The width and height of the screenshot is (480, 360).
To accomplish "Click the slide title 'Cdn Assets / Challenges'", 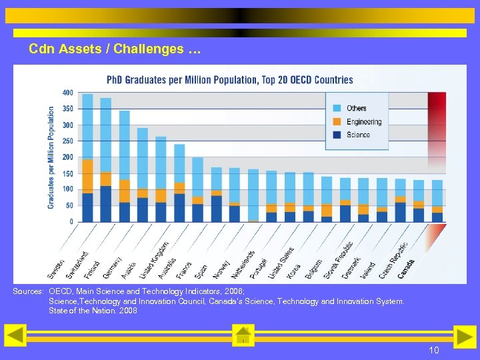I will (114, 49).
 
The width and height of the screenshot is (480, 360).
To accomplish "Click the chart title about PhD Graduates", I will (230, 80).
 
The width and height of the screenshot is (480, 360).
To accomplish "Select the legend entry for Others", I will (356, 108).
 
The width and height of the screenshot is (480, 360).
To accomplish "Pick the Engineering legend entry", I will (363, 121).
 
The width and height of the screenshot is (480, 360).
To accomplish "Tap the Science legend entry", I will (358, 135).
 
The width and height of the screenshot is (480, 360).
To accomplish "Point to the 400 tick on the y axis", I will (67, 93).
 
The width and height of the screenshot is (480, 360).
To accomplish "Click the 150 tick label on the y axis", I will (67, 173).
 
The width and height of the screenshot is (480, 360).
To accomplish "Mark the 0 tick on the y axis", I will (71, 221).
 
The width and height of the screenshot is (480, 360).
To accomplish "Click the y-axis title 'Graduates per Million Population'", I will (51, 157).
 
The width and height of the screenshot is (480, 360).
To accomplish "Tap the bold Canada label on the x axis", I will (407, 267).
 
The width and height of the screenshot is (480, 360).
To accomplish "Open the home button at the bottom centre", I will (243, 335).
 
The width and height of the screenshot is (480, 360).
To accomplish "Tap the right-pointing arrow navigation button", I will (464, 336).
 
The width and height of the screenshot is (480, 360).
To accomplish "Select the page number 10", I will (433, 350).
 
